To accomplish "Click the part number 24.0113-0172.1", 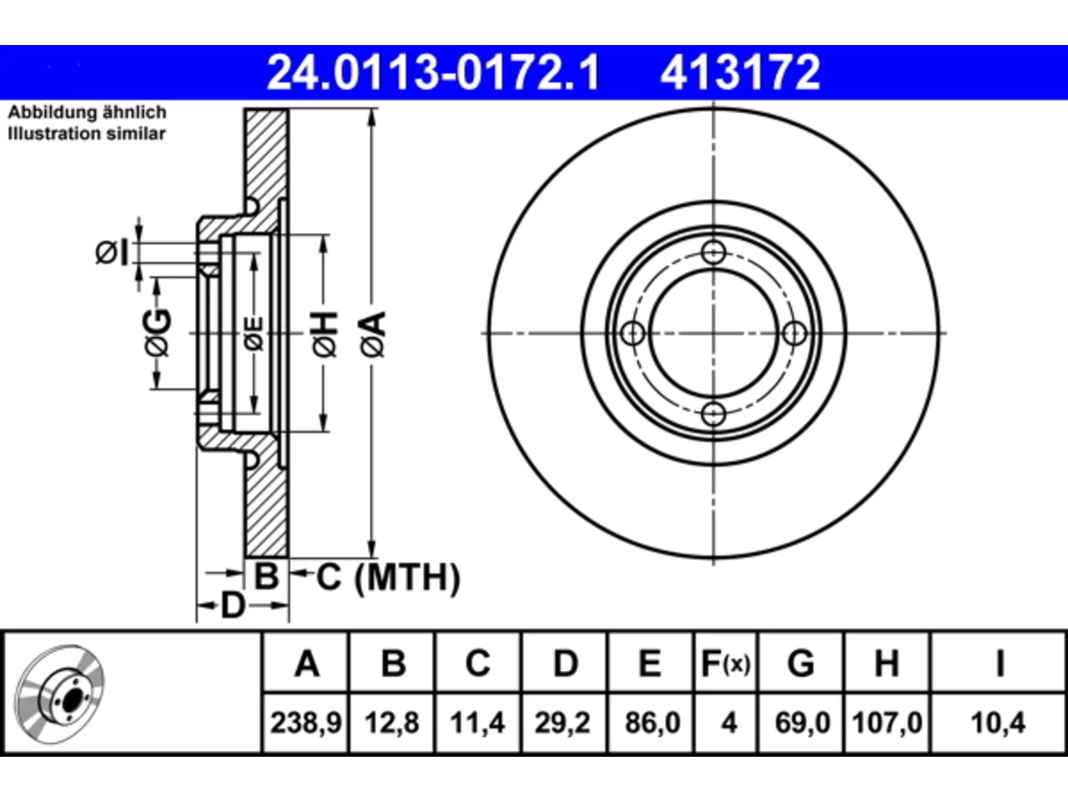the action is pyautogui.click(x=433, y=73).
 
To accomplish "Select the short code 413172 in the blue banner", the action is pyautogui.click(x=740, y=73).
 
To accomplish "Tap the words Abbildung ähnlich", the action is pyautogui.click(x=87, y=113).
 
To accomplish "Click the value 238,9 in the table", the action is pyautogui.click(x=306, y=723).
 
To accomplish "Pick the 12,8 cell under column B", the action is pyautogui.click(x=392, y=723).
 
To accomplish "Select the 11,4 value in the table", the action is pyautogui.click(x=478, y=723).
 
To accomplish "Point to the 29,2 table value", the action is pyautogui.click(x=563, y=723).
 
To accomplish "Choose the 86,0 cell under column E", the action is pyautogui.click(x=652, y=723).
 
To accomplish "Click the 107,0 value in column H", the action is pyautogui.click(x=887, y=723).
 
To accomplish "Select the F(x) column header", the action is pyautogui.click(x=726, y=663).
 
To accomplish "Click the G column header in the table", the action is pyautogui.click(x=801, y=663).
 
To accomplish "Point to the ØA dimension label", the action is pyautogui.click(x=374, y=335).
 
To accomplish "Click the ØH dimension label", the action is pyautogui.click(x=325, y=335).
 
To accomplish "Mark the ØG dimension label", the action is pyautogui.click(x=158, y=333).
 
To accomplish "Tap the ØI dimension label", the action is pyautogui.click(x=113, y=253).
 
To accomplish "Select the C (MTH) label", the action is pyautogui.click(x=388, y=577).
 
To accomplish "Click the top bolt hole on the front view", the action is pyautogui.click(x=713, y=253).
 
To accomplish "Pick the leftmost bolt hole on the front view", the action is pyautogui.click(x=633, y=334).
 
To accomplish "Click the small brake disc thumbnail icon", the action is pyautogui.click(x=59, y=694).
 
